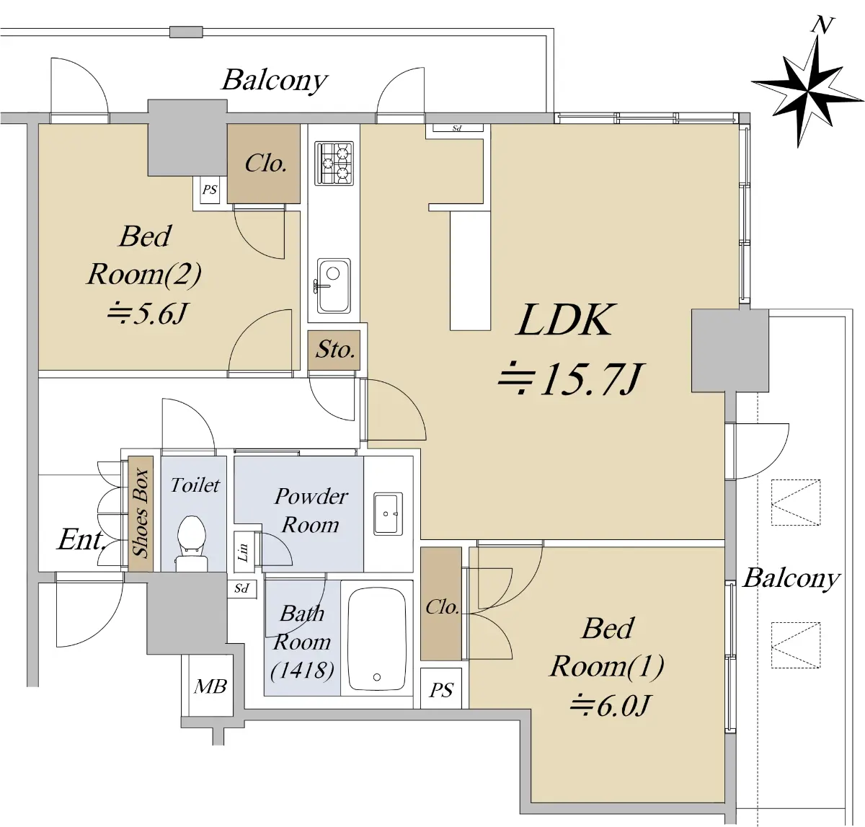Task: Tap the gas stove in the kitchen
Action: coord(334,163)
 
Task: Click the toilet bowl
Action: coord(192,537)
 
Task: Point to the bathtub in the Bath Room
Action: coord(376,639)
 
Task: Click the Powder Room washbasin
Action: coord(388,513)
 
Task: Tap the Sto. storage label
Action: coord(334,350)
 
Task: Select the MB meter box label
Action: coord(210,686)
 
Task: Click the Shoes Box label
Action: coord(141,513)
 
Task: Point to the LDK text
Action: coord(566,320)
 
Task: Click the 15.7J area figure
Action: coord(569,379)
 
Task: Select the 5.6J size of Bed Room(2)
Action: coord(148,314)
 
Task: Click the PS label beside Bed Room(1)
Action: coord(440,690)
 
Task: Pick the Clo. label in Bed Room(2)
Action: coord(265,164)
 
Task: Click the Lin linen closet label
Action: coord(243,552)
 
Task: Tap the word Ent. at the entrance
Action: coord(81,539)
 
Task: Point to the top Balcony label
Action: coord(274,80)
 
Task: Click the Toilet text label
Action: coord(195,485)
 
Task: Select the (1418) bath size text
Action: coord(302,671)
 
